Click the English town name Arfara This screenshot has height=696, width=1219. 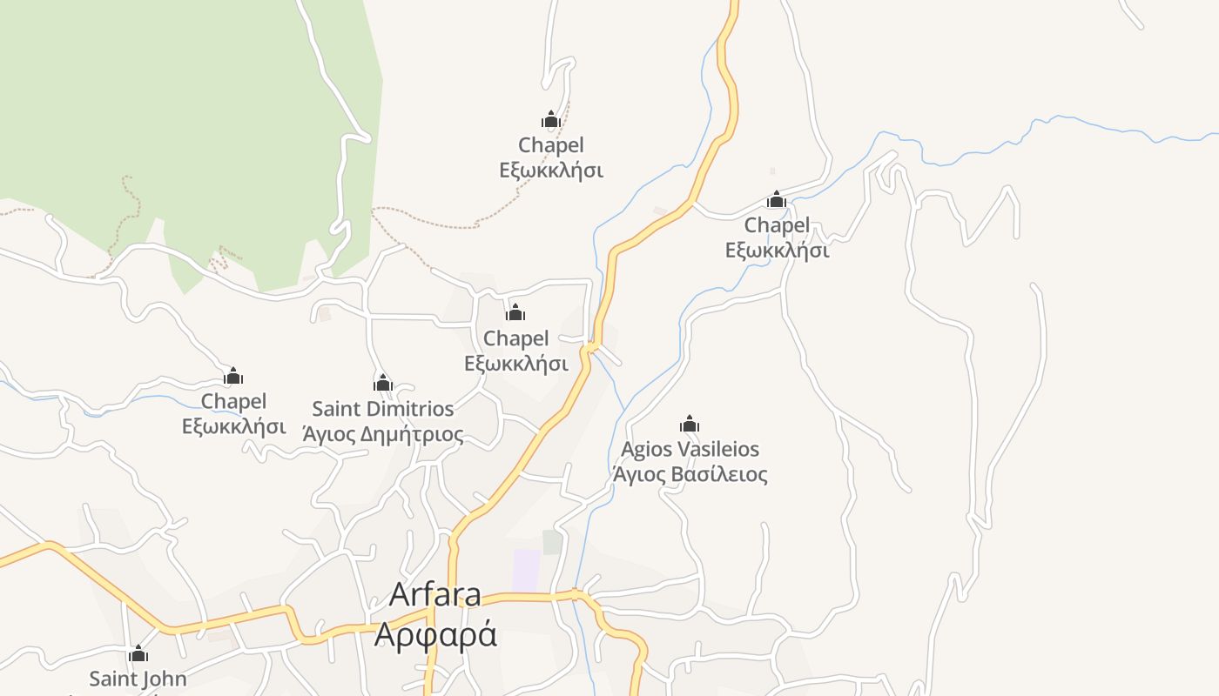tap(434, 594)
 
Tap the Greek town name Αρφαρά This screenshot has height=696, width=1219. tap(434, 634)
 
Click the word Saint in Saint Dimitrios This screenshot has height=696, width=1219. tap(340, 409)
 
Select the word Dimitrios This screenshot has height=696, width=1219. tap(414, 409)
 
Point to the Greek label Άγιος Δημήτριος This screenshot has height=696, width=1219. tap(383, 433)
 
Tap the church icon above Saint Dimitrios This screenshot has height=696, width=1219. tap(383, 383)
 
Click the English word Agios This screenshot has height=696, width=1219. tap(649, 450)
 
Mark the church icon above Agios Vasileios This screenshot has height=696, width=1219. tap(690, 425)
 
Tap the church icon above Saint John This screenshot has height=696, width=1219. tap(138, 654)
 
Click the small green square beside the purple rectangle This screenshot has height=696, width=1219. tap(552, 542)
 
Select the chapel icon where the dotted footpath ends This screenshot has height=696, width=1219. tap(550, 119)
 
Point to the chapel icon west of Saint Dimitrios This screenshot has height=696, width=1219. tap(233, 377)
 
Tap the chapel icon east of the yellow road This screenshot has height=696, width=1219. tap(777, 200)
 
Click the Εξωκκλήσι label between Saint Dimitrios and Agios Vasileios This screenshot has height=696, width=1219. tap(516, 363)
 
